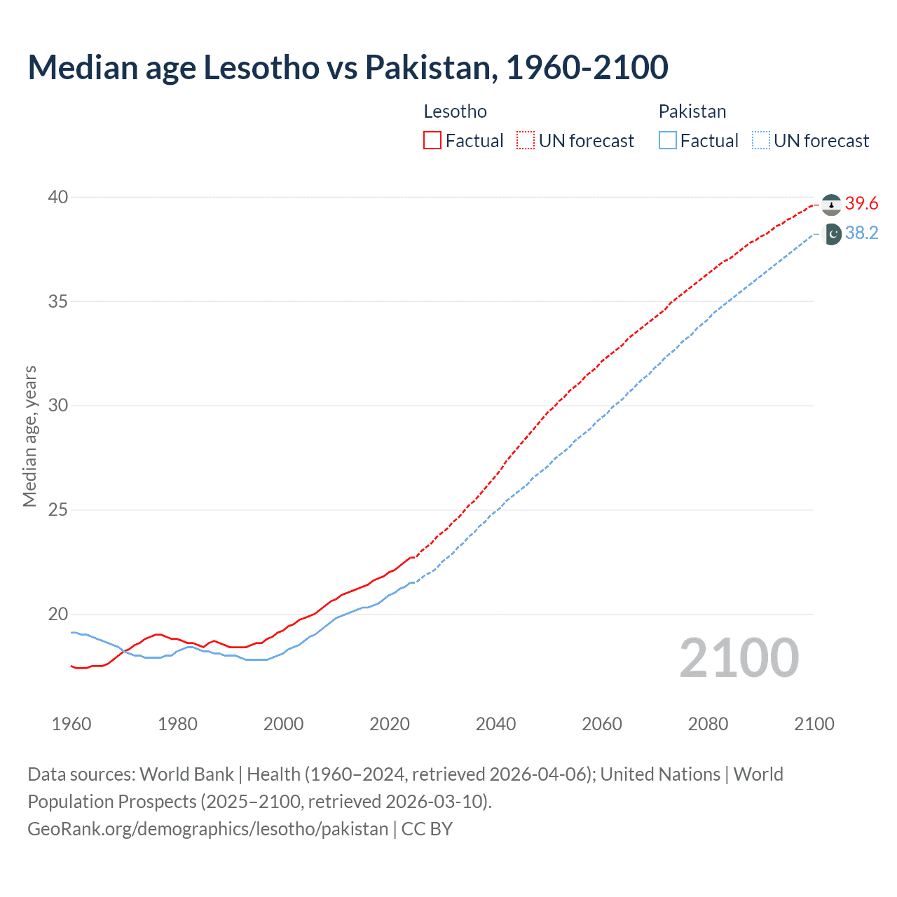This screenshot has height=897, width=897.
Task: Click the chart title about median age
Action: point(348,67)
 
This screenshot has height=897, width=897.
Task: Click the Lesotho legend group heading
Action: point(455,111)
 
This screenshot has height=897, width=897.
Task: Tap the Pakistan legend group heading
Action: point(692,111)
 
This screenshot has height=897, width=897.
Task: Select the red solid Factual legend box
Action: point(432,141)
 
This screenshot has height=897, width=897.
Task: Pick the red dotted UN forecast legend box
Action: point(526,141)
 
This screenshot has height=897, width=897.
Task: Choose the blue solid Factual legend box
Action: point(668,141)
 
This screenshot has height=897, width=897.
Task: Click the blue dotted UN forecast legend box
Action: point(760,141)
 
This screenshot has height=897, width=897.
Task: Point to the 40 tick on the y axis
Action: point(58,197)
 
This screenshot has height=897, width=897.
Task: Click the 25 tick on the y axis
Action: point(58,509)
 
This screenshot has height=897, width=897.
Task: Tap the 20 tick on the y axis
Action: point(58,614)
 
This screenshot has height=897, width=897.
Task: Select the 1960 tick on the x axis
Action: point(71,724)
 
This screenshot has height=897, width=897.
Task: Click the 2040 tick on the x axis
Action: point(495,724)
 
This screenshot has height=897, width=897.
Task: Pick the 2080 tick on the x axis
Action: point(708,724)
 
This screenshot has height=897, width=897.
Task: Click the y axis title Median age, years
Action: point(29,436)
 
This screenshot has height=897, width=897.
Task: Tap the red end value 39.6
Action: point(861,204)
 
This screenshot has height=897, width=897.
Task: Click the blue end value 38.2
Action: point(861,233)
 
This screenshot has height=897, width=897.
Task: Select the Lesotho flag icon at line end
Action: point(831,205)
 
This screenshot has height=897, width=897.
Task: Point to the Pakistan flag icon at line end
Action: point(831,234)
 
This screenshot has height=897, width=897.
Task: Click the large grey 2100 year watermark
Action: point(739,657)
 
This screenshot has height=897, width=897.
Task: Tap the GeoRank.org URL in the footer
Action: point(207,829)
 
